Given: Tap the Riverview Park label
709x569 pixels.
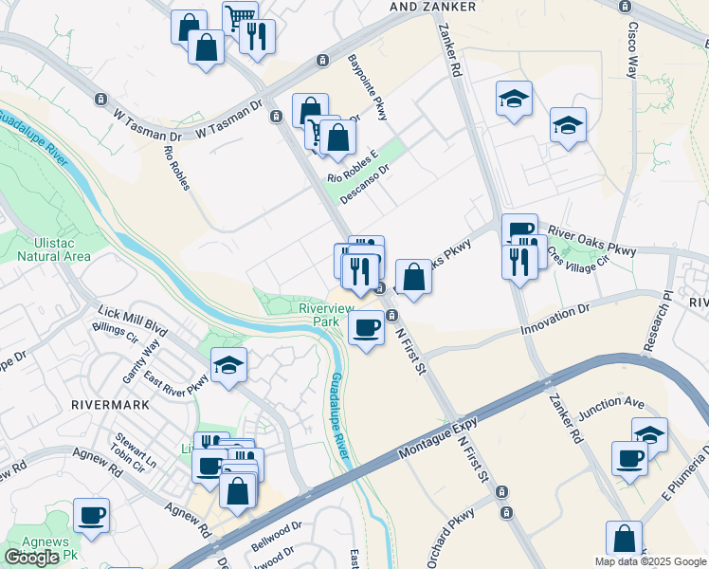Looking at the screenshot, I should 326,315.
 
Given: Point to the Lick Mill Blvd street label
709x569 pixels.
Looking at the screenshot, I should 134,322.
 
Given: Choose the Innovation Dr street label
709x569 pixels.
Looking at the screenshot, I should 555,319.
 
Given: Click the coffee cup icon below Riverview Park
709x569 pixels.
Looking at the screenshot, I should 366,328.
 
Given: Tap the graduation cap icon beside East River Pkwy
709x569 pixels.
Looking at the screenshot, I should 228,365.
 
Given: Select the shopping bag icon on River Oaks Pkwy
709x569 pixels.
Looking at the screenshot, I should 413,278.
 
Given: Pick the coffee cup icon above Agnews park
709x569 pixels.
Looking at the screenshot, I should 91,516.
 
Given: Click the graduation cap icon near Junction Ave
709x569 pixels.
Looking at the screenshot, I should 648,434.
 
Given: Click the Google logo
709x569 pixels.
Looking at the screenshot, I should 32,558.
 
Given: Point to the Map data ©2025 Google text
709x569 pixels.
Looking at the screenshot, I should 649,561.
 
